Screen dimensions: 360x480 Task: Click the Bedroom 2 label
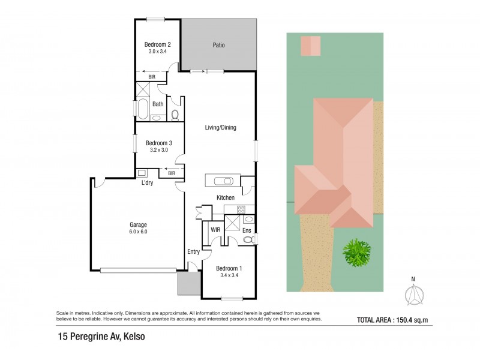(158, 44)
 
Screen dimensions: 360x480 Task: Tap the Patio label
(218, 45)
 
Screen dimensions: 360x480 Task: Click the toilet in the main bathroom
(175, 114)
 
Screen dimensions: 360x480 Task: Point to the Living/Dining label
(220, 127)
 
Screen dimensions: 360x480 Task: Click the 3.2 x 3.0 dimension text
(159, 151)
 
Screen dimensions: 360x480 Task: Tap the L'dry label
(147, 183)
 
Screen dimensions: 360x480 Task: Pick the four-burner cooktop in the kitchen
(241, 209)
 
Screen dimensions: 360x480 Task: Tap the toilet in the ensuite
(248, 240)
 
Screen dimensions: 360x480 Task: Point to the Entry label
(193, 251)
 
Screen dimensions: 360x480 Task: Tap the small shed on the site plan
(310, 45)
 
